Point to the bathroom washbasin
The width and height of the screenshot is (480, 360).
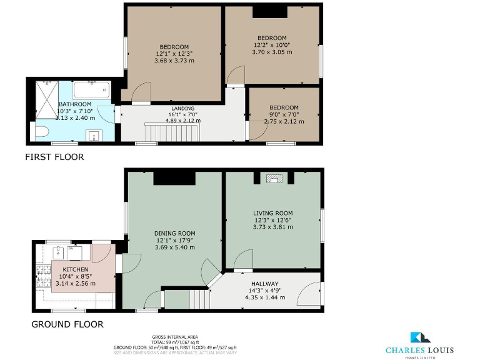(96, 135)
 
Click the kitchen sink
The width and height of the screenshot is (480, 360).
(58, 253)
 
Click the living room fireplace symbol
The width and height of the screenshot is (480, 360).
(274, 179)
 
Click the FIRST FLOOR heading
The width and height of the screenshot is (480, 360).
(54, 157)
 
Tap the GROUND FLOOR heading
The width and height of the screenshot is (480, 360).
(67, 324)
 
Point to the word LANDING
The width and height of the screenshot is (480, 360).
(183, 108)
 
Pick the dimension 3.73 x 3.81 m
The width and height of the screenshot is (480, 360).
(272, 227)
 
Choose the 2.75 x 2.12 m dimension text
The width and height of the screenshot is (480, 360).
(284, 121)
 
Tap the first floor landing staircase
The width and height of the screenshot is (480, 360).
(172, 132)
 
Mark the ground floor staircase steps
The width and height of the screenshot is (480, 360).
(199, 299)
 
